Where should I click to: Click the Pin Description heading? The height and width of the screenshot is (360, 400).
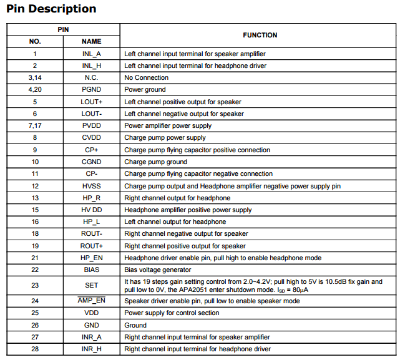pyautogui.click(x=51, y=9)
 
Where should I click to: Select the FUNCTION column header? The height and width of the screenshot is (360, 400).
pyautogui.click(x=260, y=35)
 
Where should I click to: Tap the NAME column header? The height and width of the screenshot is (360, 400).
pyautogui.click(x=91, y=41)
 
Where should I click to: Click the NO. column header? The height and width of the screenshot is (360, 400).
pyautogui.click(x=35, y=41)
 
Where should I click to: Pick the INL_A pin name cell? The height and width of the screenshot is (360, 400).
pyautogui.click(x=91, y=54)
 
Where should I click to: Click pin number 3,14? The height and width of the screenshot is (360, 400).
pyautogui.click(x=35, y=78)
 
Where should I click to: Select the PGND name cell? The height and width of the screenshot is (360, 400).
pyautogui.click(x=91, y=90)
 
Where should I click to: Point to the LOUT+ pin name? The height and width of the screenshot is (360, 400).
pyautogui.click(x=91, y=102)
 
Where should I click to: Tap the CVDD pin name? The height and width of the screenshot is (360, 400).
pyautogui.click(x=91, y=138)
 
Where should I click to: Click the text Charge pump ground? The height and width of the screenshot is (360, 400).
pyautogui.click(x=155, y=162)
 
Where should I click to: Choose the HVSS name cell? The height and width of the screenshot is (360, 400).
pyautogui.click(x=91, y=186)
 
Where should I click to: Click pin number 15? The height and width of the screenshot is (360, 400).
pyautogui.click(x=35, y=210)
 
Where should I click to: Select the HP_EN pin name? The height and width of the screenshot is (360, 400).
pyautogui.click(x=91, y=258)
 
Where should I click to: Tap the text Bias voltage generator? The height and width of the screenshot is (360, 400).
pyautogui.click(x=157, y=270)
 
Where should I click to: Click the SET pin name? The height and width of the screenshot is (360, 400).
pyautogui.click(x=91, y=285)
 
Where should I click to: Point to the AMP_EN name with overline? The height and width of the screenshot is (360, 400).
pyautogui.click(x=91, y=301)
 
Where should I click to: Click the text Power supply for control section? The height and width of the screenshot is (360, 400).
pyautogui.click(x=172, y=313)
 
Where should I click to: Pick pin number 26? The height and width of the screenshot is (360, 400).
pyautogui.click(x=35, y=325)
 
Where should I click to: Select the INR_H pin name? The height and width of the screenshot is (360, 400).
pyautogui.click(x=91, y=349)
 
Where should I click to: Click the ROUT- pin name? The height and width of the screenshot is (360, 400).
pyautogui.click(x=91, y=234)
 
